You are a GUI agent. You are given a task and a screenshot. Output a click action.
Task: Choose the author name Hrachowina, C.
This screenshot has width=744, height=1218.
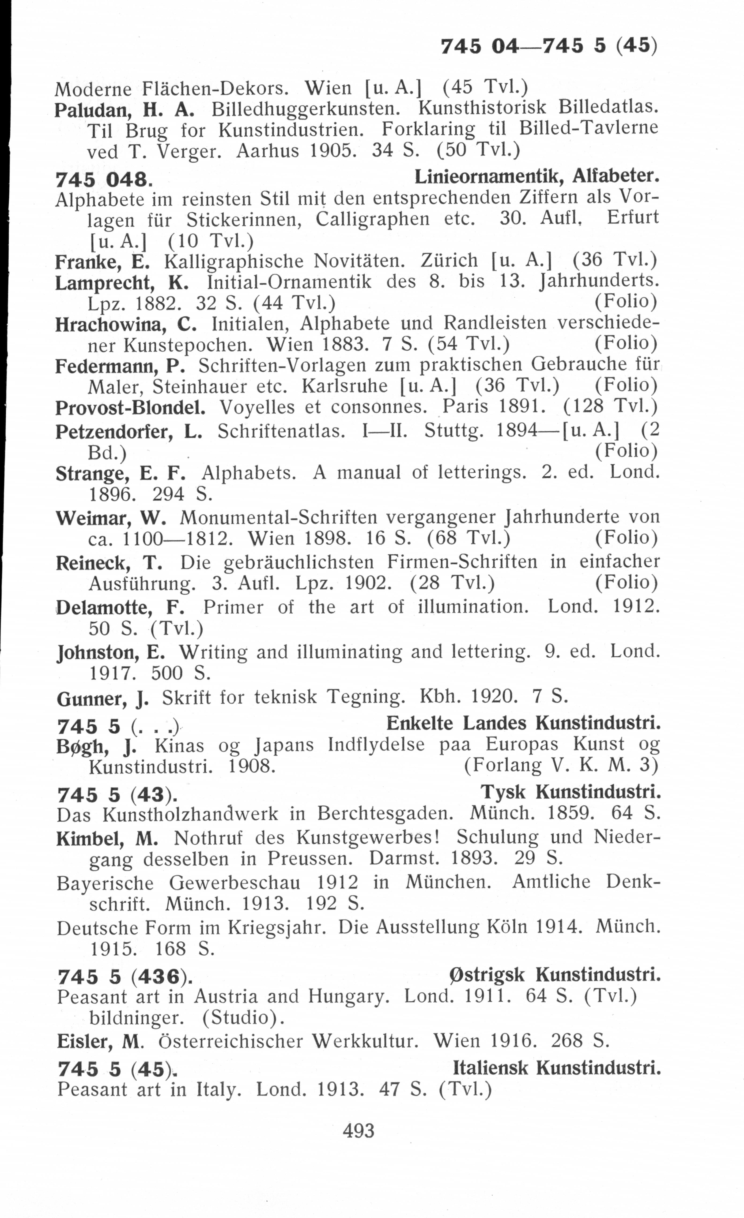click(126, 324)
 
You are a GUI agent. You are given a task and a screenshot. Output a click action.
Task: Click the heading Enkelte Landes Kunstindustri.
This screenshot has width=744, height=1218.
click(523, 723)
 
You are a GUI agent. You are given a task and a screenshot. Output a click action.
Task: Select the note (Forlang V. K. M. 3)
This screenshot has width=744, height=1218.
click(561, 766)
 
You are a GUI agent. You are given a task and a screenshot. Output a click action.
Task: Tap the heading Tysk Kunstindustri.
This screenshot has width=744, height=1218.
click(570, 792)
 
